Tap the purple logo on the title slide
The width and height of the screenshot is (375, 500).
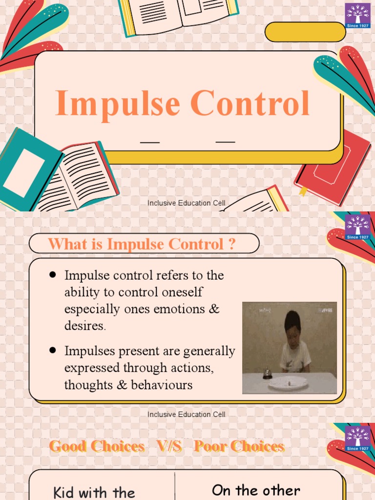(x=357, y=15)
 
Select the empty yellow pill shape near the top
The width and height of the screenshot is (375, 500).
(x=305, y=32)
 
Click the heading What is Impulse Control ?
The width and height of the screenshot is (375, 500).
(x=142, y=244)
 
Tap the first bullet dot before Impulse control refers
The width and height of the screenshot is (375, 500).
(x=52, y=275)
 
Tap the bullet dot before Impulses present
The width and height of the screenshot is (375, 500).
(x=52, y=350)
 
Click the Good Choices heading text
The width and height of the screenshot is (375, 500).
(x=97, y=446)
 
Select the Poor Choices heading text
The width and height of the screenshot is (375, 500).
(x=239, y=446)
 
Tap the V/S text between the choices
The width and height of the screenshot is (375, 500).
(x=169, y=446)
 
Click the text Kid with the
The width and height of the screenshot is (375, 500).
(x=94, y=492)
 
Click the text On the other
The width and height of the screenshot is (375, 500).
(x=256, y=490)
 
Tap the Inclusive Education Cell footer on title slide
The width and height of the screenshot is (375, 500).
(x=187, y=203)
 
